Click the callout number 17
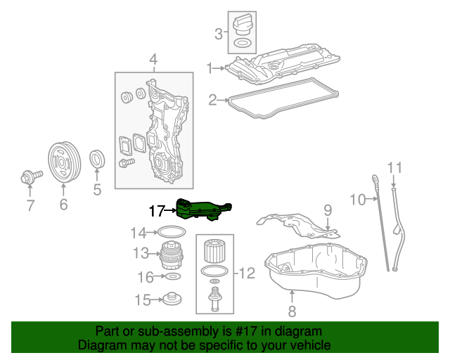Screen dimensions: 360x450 pyautogui.click(x=155, y=210)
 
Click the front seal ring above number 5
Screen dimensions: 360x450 pyautogui.click(x=98, y=160)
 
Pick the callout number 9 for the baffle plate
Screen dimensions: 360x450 pyautogui.click(x=327, y=209)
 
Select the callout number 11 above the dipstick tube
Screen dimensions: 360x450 pyautogui.click(x=396, y=167)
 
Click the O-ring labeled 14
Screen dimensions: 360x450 pyautogui.click(x=169, y=232)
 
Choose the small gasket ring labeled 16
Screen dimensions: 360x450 pyautogui.click(x=169, y=277)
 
